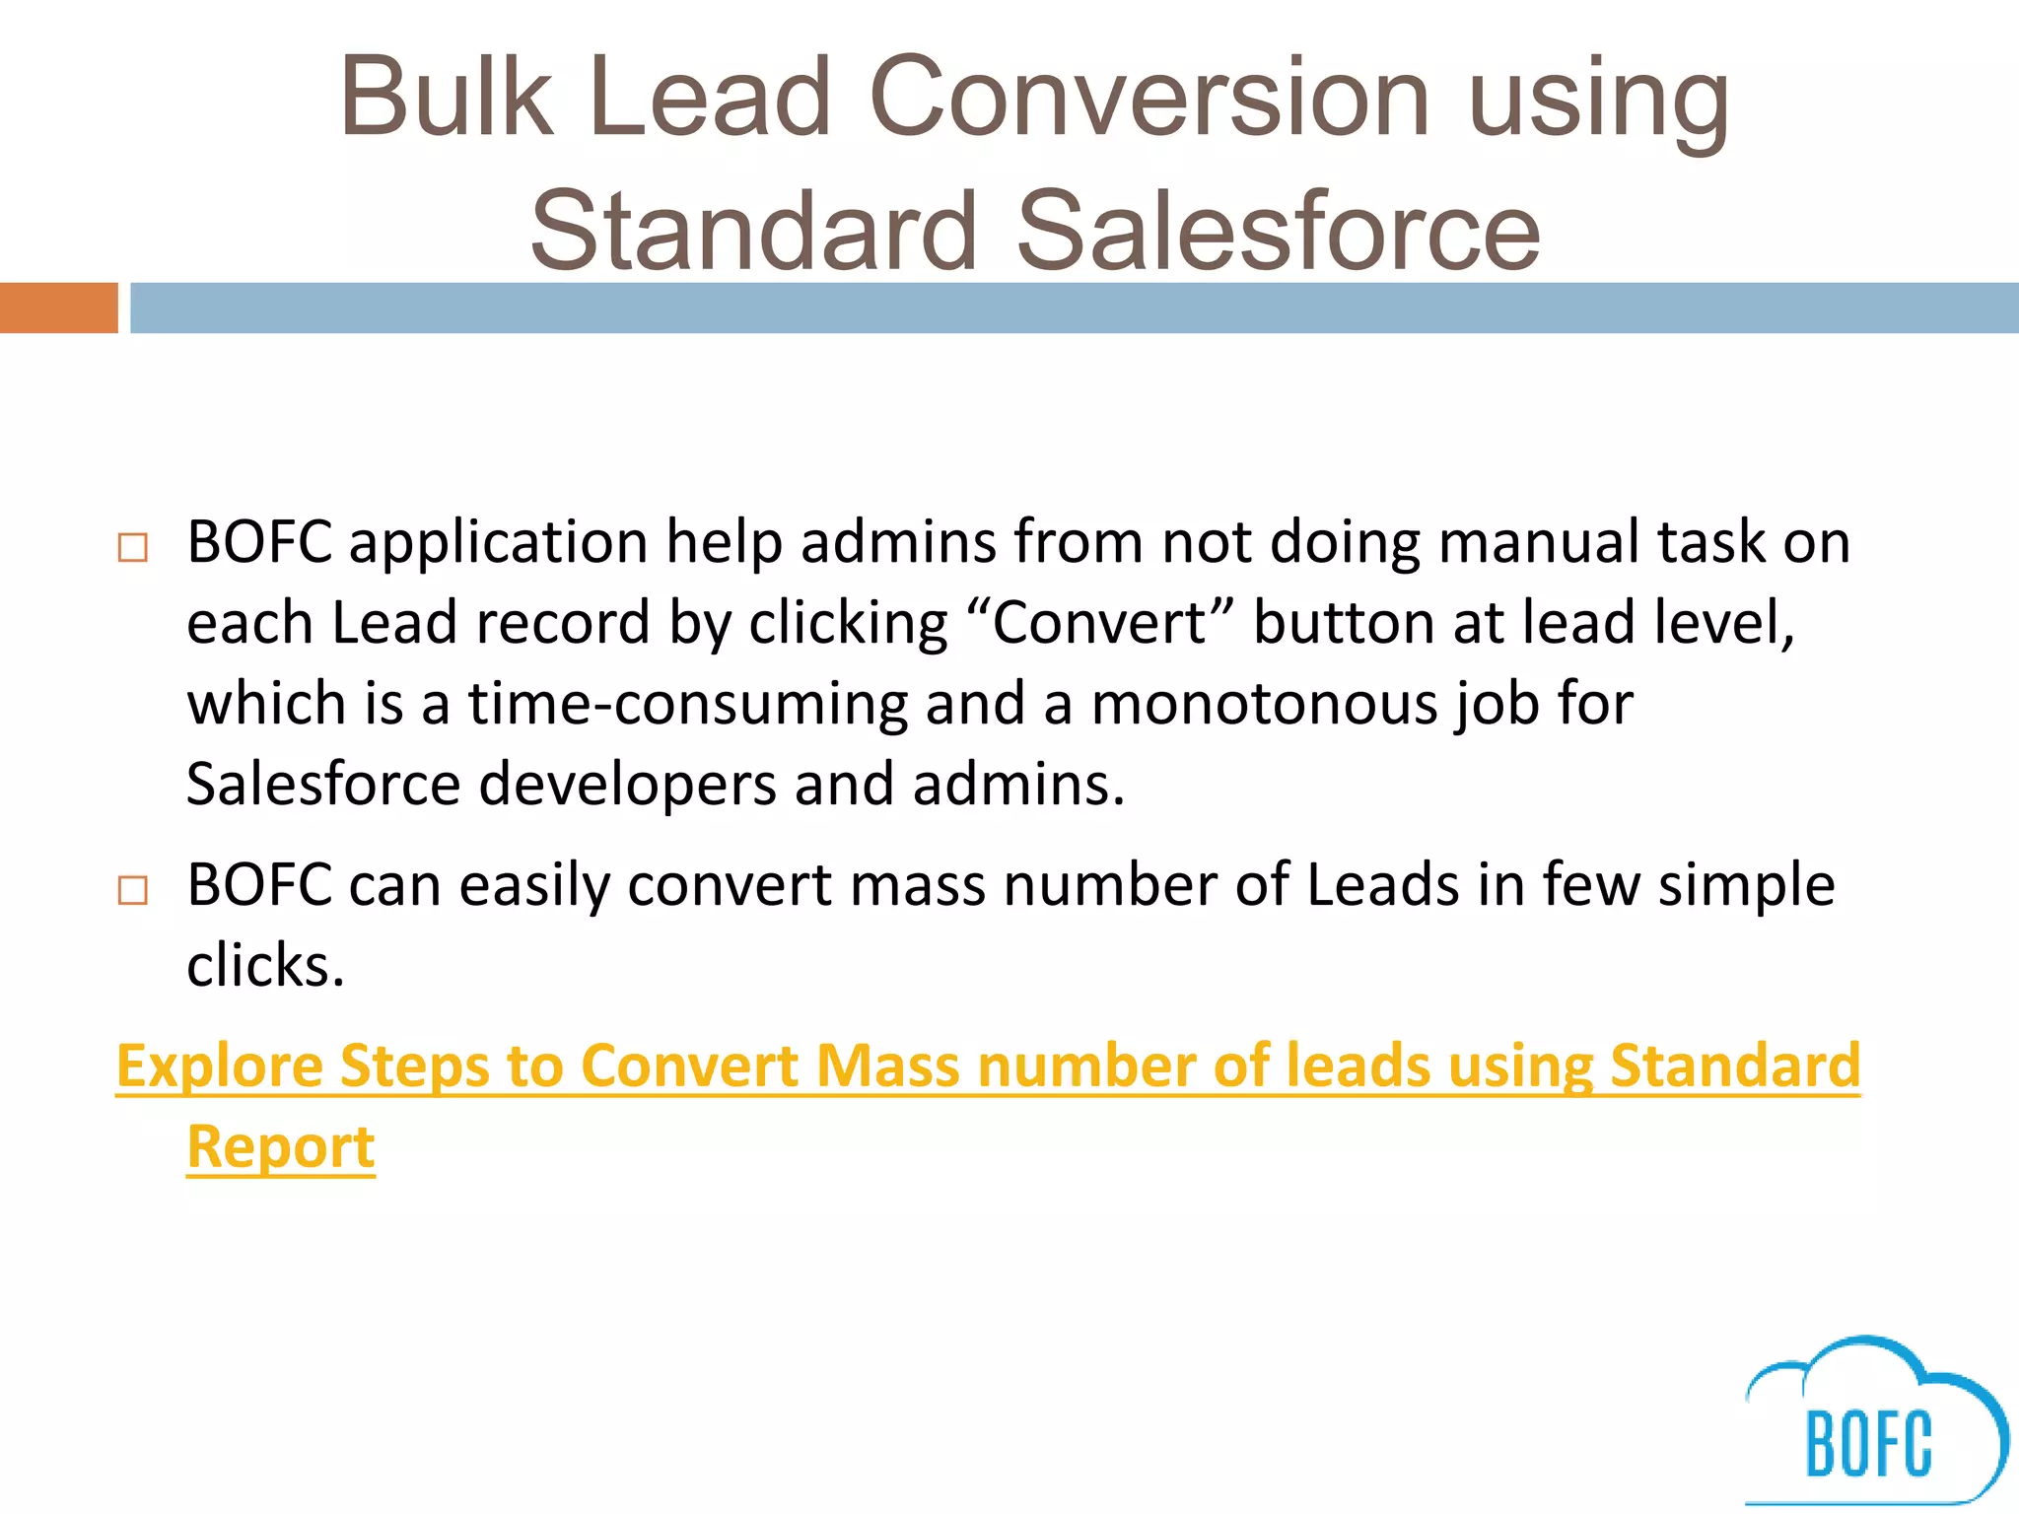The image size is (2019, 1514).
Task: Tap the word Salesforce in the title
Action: coord(1278,231)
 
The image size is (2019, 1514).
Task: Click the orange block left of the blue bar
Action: coord(58,308)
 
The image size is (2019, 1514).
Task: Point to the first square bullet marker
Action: coord(132,548)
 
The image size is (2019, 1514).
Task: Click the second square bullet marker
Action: coord(132,890)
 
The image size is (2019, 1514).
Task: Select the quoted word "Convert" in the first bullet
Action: coord(1100,623)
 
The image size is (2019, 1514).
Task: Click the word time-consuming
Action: coord(687,704)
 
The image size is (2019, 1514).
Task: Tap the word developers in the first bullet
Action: coord(627,785)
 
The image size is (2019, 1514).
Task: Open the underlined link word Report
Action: coord(281,1146)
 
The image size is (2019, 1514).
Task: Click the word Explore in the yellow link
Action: coord(219,1067)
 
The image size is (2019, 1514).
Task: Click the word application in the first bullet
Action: coord(498,543)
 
